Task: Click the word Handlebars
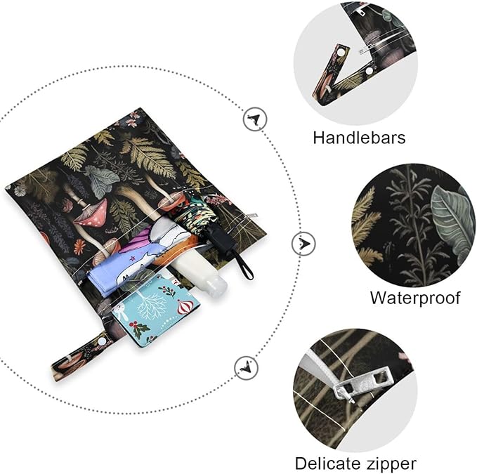(359, 138)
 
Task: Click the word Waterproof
(415, 298)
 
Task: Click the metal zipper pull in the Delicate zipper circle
(362, 383)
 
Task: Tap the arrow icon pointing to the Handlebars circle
(255, 119)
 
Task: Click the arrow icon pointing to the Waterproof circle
(303, 244)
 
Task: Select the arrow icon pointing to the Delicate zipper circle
(247, 368)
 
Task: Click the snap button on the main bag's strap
(101, 343)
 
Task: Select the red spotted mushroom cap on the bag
(91, 213)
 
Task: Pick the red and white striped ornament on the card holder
(184, 307)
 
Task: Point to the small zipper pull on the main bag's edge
(251, 216)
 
